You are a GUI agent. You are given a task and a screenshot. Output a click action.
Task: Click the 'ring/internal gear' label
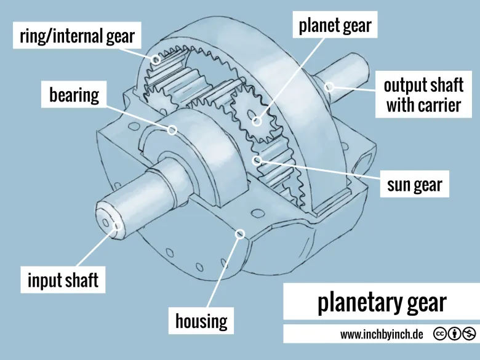[x=78, y=36]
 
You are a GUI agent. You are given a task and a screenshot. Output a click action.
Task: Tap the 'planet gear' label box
[x=335, y=25]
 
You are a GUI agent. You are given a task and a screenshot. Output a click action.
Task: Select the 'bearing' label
[x=74, y=95]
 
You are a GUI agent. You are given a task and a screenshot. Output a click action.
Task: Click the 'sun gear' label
[x=414, y=185]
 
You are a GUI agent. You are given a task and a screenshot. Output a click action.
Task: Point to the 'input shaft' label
[x=63, y=281]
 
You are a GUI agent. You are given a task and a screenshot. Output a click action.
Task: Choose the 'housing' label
[x=201, y=320]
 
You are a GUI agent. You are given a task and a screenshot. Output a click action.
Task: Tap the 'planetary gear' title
[x=382, y=303]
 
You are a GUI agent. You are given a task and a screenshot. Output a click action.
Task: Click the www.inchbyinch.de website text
[x=382, y=334]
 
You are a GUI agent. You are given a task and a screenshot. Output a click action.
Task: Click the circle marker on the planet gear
[x=256, y=121]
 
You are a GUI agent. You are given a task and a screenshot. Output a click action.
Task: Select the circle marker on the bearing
[x=172, y=130]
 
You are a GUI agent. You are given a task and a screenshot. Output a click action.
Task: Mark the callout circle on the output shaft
[x=330, y=86]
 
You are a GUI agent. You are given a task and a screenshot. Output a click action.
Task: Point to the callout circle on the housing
[x=240, y=233]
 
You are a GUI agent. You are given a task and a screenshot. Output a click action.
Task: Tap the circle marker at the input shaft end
[x=116, y=226]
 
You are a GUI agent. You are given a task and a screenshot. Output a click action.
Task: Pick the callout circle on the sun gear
[x=258, y=161]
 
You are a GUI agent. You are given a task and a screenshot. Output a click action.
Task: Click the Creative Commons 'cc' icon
[x=440, y=334]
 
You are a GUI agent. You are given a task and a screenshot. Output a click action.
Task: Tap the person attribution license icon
[x=455, y=334]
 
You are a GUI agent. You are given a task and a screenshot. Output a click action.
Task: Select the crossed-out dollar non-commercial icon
[x=470, y=334]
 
